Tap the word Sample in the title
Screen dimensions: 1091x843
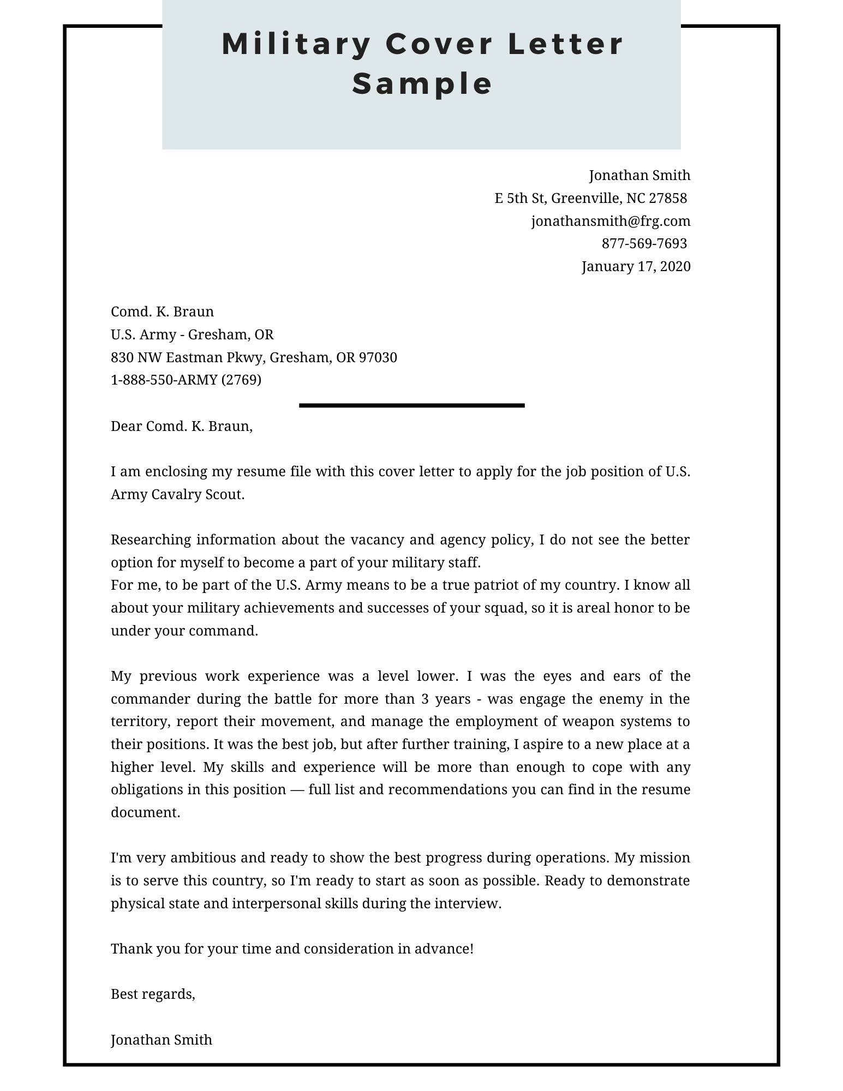(x=423, y=83)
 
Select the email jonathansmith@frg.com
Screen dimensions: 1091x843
(x=611, y=221)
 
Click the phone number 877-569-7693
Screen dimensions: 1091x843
(x=644, y=243)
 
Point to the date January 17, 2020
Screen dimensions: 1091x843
(x=636, y=266)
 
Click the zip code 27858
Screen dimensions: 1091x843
(x=668, y=198)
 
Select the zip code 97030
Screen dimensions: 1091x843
(x=378, y=357)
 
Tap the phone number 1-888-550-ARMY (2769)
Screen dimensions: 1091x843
(x=186, y=380)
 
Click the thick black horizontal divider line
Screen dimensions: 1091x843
(x=411, y=405)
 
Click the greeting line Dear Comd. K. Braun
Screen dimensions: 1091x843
(x=181, y=426)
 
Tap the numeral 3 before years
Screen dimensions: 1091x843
(x=425, y=699)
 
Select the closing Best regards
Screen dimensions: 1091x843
(x=152, y=994)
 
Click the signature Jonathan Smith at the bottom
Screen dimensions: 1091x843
(x=161, y=1040)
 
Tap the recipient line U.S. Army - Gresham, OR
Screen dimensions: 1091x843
(x=192, y=334)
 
